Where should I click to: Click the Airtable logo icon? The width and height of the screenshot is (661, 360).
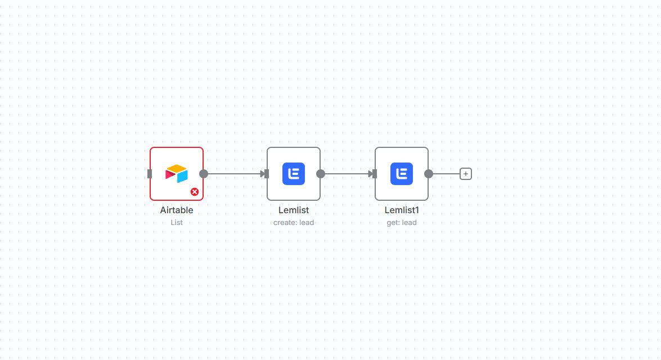177,173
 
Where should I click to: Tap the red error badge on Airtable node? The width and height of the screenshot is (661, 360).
194,192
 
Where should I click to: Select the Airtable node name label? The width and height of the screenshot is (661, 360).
177,210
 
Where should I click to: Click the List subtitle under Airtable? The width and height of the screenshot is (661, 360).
177,223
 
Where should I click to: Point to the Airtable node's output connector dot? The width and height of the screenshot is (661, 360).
204,174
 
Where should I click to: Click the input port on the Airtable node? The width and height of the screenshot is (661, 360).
150,174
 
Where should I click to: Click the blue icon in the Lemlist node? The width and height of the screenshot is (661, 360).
294,174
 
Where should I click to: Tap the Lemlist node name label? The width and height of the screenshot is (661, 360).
294,210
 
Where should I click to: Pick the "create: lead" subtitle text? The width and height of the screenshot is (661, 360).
294,223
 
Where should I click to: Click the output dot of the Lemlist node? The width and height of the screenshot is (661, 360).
321,174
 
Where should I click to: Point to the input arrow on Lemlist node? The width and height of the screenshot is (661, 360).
264,174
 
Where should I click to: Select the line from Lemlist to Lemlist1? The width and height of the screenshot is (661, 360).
347,174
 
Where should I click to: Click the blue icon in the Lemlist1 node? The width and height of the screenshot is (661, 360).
401,174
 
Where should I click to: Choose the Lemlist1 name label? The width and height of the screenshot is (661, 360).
401,210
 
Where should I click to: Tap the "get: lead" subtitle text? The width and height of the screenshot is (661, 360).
401,223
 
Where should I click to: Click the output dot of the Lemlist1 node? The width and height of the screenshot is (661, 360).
429,174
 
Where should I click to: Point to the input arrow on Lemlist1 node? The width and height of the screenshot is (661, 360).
372,174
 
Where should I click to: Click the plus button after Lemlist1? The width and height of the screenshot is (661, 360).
465,174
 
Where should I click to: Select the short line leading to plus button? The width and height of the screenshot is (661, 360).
447,174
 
